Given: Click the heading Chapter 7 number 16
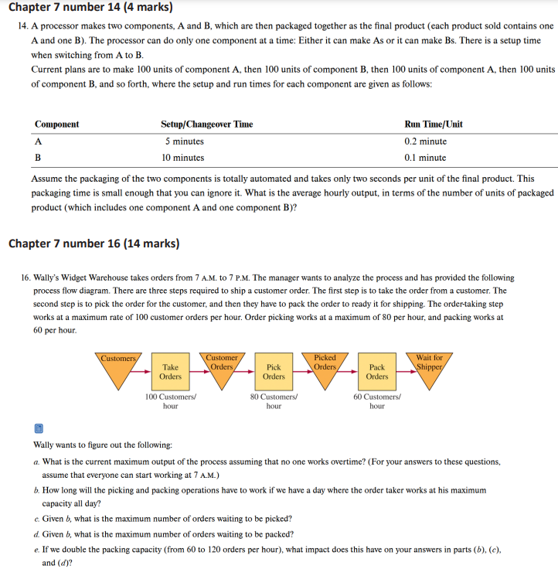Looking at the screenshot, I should [94, 244].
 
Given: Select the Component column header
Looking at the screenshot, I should [56, 124].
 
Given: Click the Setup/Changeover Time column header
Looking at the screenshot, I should [206, 124].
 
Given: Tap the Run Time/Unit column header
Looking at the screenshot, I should [434, 124].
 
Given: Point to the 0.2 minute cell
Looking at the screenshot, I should [425, 141].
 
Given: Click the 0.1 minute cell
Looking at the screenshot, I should [425, 158].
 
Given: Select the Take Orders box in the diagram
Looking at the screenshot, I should [170, 372].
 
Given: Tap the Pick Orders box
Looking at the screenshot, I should [274, 372].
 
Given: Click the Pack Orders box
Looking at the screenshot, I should [377, 372].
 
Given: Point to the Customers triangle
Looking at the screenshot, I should [118, 368].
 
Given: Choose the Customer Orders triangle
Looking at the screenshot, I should [222, 368].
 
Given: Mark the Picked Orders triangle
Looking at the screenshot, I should [325, 368].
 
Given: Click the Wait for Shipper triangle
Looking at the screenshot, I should [429, 368].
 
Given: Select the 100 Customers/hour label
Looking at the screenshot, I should [171, 401].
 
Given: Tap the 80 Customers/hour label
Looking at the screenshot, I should [274, 401].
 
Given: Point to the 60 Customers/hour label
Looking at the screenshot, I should [377, 401].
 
